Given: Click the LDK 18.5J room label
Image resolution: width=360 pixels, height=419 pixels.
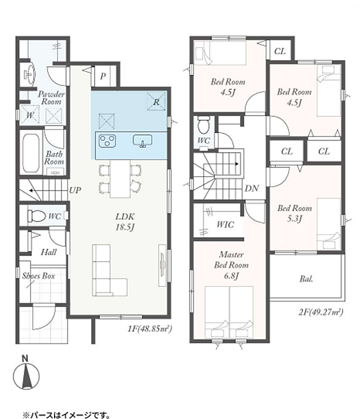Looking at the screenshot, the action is [x=125, y=221].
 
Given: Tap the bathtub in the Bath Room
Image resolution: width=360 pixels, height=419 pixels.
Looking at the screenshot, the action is [x=31, y=153].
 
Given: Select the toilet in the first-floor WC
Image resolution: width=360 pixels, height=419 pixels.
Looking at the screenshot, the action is [x=37, y=216].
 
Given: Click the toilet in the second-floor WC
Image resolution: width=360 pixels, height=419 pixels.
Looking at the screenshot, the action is [x=204, y=126].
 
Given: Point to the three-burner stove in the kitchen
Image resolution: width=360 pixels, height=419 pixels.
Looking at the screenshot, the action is [x=107, y=140].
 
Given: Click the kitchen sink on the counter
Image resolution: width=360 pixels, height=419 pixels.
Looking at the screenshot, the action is [x=143, y=141].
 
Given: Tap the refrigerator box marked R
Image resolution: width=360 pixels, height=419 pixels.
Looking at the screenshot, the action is [x=157, y=101].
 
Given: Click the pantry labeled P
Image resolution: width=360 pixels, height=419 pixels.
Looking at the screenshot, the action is [x=103, y=77].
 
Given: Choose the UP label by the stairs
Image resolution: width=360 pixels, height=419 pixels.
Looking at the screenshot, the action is [x=75, y=190].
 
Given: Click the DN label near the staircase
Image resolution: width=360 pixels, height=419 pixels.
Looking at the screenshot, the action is [x=251, y=188].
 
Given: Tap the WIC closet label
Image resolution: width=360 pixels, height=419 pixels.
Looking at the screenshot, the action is [x=225, y=224].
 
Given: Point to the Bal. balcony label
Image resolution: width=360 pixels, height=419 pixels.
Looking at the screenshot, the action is [x=306, y=279].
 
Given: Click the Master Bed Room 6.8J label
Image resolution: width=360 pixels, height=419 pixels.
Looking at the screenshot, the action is [x=231, y=265].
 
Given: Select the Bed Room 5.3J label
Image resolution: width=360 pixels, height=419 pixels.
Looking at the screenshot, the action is [x=294, y=213].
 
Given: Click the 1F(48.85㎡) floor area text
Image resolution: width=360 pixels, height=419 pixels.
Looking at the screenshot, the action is [x=149, y=328].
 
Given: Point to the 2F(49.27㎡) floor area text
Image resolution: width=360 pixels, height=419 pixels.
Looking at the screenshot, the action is [x=321, y=312].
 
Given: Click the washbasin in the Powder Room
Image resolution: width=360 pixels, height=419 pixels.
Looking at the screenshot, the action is [x=30, y=73].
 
